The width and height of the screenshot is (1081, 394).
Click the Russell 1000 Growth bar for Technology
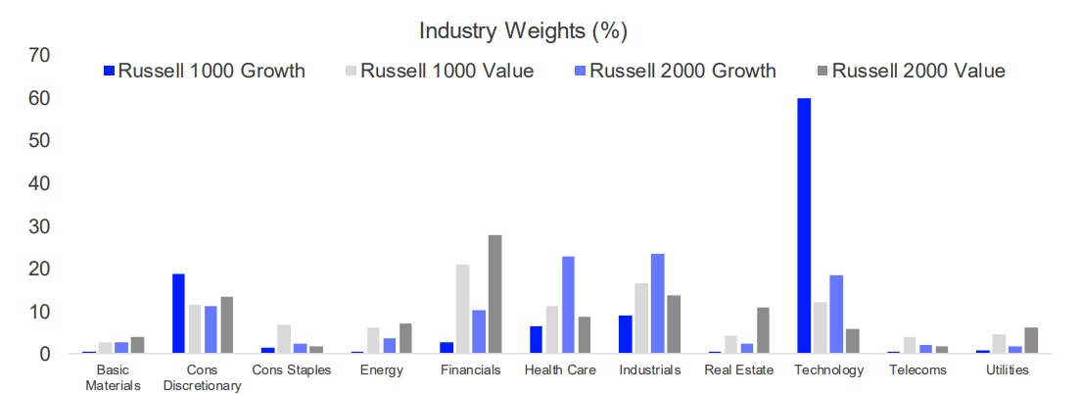[x=803, y=225]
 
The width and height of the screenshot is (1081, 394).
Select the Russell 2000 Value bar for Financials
[x=495, y=294]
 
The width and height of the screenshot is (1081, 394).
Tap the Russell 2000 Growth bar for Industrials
[x=657, y=304]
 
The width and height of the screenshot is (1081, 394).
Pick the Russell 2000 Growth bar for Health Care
[x=568, y=305]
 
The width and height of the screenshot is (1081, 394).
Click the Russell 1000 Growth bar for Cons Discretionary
[x=178, y=314]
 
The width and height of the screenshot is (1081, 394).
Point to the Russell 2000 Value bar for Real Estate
[x=764, y=330]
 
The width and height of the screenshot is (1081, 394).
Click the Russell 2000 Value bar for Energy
[x=405, y=338]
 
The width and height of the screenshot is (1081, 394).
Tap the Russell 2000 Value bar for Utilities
[x=1031, y=340]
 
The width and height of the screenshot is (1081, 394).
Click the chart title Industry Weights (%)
[x=523, y=30]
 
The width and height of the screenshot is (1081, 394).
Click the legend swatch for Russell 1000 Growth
[x=111, y=71]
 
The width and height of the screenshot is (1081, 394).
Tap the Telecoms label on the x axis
[x=918, y=370]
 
